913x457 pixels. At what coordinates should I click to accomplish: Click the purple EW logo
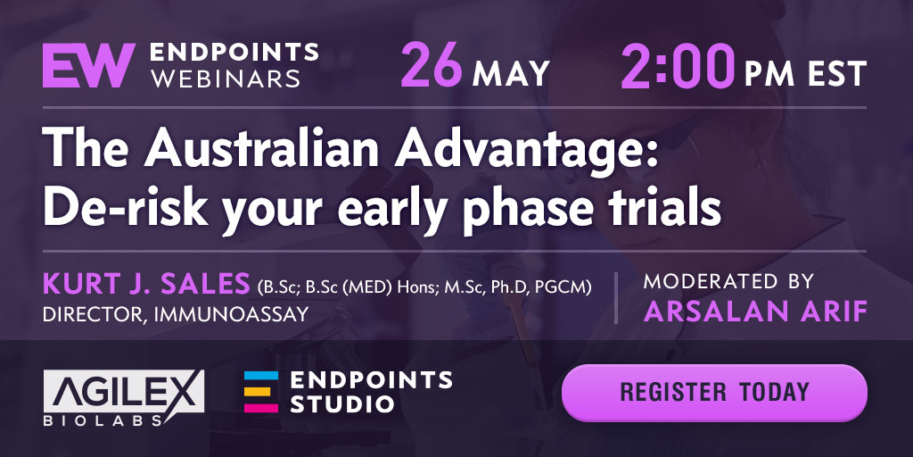click(89, 65)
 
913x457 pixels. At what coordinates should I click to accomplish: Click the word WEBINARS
click(226, 79)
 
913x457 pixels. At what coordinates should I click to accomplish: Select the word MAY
click(511, 73)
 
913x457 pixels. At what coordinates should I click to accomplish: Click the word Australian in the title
click(264, 150)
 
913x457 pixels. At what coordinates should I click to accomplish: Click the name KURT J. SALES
click(146, 285)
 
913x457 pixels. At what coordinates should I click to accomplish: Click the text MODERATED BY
click(728, 281)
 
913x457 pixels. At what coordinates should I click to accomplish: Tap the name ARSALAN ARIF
click(755, 312)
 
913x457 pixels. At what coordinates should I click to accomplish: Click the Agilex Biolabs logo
click(123, 397)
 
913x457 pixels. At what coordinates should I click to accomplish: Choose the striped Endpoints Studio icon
click(261, 391)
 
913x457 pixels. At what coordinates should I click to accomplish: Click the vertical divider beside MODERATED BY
click(616, 298)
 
